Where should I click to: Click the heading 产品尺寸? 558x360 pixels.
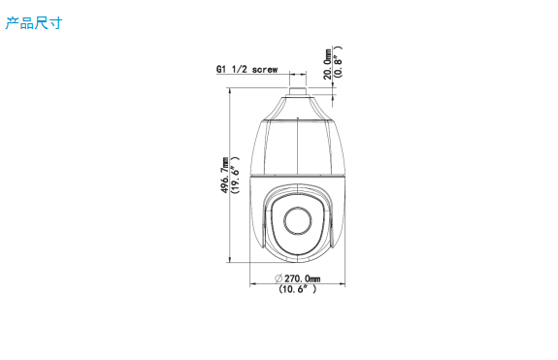[x=34, y=23]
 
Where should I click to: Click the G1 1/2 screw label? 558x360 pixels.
[x=246, y=69]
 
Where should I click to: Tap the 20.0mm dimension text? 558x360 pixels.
[x=327, y=64]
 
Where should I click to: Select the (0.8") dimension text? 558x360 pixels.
[x=338, y=61]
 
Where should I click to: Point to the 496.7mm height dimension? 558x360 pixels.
[x=225, y=175]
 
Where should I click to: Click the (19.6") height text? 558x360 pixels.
[x=235, y=175]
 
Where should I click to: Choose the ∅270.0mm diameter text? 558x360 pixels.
[x=298, y=278]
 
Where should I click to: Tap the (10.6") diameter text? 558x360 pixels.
[x=298, y=289]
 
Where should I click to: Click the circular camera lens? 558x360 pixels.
[x=298, y=221]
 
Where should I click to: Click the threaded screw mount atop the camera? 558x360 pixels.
[x=298, y=91]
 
